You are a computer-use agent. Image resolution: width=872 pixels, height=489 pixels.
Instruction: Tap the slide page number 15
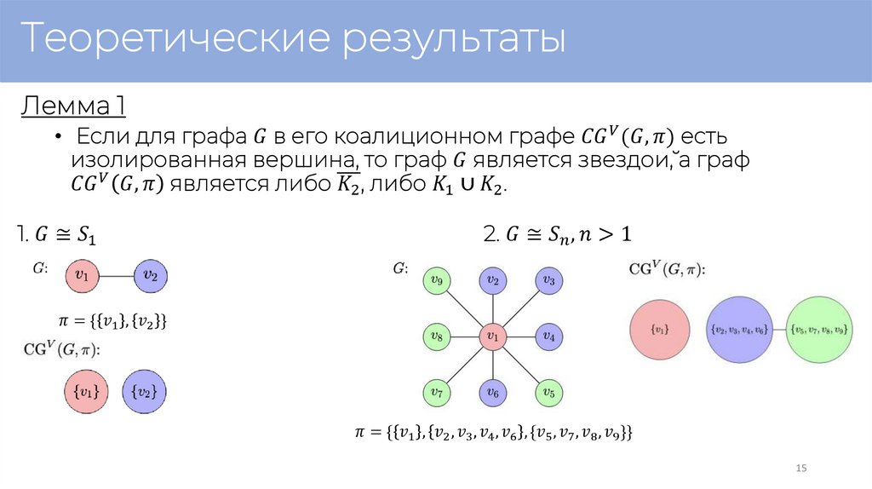point(800,469)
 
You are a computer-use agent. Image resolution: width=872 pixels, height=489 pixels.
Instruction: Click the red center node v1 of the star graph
point(491,337)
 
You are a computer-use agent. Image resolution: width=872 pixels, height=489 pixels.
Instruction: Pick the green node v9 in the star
point(436,279)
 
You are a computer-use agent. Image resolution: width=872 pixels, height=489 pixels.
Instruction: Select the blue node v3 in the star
point(548,279)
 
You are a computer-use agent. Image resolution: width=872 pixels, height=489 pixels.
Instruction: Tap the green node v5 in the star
point(548,393)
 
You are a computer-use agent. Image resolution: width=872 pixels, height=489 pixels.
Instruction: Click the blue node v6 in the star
point(491,393)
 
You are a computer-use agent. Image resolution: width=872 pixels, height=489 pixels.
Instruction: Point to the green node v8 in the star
point(436,337)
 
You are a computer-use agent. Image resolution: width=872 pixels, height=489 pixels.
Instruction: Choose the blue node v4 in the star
point(548,337)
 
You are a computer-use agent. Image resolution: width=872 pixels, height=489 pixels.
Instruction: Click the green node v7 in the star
point(436,393)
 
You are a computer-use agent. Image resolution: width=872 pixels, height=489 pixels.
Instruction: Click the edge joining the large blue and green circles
point(778,328)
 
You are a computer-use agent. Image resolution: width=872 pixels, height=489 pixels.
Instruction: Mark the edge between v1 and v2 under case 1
point(118,275)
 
